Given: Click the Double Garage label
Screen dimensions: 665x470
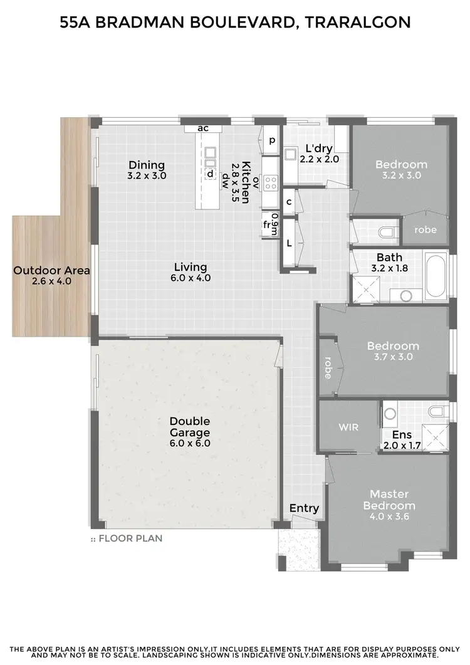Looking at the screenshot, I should pos(189,426).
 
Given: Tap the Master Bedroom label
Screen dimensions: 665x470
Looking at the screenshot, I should pos(392,500).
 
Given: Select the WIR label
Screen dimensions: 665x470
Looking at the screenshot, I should pos(348,427).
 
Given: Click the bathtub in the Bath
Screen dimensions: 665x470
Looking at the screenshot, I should pos(436,276).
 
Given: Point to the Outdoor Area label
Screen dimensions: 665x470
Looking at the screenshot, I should pos(52,271).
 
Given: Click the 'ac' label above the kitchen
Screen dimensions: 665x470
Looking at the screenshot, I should pos(202,128).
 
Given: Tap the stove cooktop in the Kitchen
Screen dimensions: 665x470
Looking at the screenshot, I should pos(271,182).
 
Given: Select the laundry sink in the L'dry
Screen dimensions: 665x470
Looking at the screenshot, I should pos(290,154).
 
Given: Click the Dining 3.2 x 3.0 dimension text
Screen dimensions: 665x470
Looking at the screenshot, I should pos(147,176).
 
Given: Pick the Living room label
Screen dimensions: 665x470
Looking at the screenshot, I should pos(191,266).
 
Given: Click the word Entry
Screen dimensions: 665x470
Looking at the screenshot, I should pos(304,508).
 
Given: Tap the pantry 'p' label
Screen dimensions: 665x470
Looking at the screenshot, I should pos(272,140).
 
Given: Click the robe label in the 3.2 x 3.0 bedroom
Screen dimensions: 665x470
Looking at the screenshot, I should pos(426,229).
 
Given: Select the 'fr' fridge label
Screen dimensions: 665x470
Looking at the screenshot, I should pos(267,224).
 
